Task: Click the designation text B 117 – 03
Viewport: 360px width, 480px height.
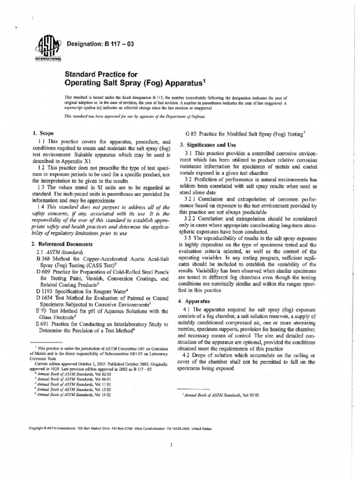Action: click(x=101, y=44)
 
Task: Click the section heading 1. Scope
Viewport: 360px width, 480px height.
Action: click(x=41, y=134)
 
